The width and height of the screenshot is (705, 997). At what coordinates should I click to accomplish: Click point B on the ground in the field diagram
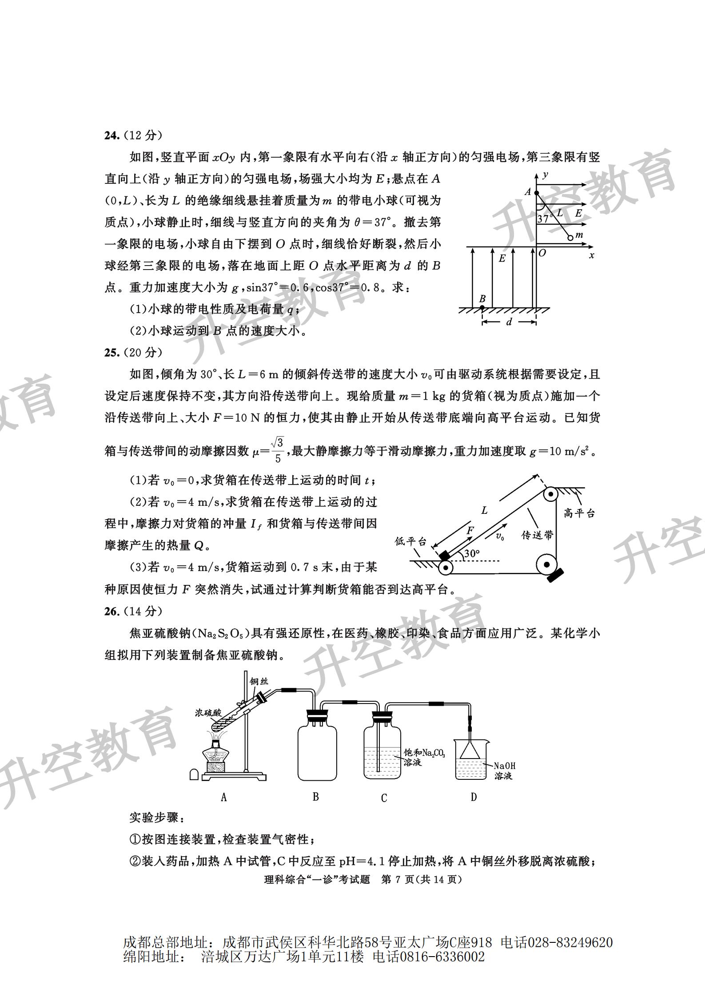pyautogui.click(x=482, y=307)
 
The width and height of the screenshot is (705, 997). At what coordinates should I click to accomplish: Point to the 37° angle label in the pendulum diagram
pyautogui.click(x=544, y=218)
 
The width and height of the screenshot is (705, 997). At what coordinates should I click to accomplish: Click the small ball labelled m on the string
pyautogui.click(x=570, y=238)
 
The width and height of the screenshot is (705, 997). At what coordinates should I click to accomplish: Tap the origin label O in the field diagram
pyautogui.click(x=542, y=253)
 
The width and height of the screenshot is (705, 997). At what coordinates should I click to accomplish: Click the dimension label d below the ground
pyautogui.click(x=509, y=322)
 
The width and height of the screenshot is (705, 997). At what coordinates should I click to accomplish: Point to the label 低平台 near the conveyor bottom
pyautogui.click(x=410, y=541)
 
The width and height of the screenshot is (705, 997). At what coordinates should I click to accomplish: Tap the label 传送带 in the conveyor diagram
pyautogui.click(x=537, y=535)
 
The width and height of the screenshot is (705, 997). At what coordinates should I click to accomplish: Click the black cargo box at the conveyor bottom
pyautogui.click(x=444, y=556)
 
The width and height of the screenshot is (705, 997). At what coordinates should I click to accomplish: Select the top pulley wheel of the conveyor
pyautogui.click(x=551, y=493)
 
